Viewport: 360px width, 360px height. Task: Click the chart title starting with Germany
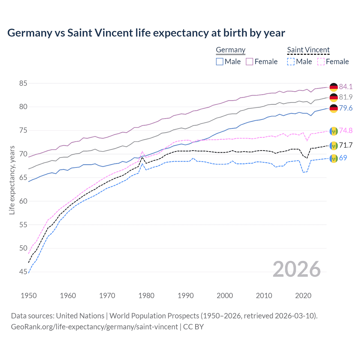(146, 33)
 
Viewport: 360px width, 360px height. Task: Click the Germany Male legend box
(220, 62)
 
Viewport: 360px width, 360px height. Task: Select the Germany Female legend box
(249, 62)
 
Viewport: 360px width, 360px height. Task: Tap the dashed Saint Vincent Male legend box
(291, 62)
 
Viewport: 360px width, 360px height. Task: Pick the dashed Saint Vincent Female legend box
(321, 62)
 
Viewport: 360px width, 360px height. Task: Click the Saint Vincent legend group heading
(308, 50)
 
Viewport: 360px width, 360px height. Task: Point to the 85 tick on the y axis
(23, 83)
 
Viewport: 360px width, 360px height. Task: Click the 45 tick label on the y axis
(23, 272)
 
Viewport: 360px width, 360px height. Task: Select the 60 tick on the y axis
(23, 201)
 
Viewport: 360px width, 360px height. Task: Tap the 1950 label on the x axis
(29, 296)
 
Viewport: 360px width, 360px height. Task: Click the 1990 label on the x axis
(186, 296)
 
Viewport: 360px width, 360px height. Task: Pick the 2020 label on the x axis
(303, 296)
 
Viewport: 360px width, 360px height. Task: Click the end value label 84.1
(346, 87)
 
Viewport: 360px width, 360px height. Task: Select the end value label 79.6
(346, 108)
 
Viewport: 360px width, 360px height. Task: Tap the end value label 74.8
(346, 130)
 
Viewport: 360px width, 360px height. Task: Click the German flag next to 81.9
(334, 97)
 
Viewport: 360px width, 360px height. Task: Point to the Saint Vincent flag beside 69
(334, 158)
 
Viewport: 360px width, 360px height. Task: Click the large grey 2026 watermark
(297, 269)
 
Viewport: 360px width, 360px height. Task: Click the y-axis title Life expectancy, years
(12, 180)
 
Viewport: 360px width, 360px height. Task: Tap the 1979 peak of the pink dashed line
(142, 151)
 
